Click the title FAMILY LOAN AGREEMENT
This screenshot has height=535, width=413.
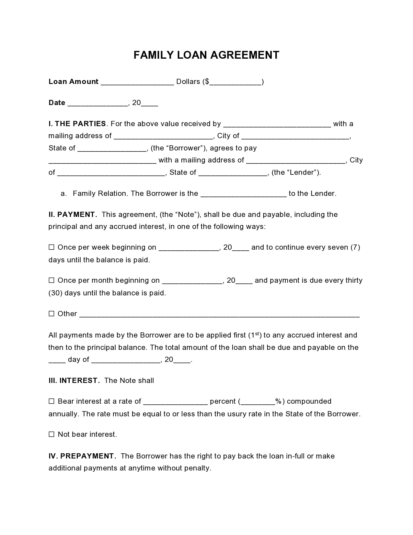tap(206, 55)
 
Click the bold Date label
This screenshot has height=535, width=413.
tap(57, 103)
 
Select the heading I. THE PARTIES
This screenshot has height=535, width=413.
tap(77, 124)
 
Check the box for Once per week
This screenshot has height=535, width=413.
tap(52, 247)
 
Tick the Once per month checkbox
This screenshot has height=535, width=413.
tap(52, 280)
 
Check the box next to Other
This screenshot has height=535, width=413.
tap(52, 314)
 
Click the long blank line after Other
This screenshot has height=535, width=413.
tap(219, 315)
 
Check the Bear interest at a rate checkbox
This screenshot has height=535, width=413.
tap(52, 401)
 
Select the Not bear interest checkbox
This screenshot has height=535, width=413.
tap(52, 434)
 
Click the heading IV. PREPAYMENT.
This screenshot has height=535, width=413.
tap(82, 456)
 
